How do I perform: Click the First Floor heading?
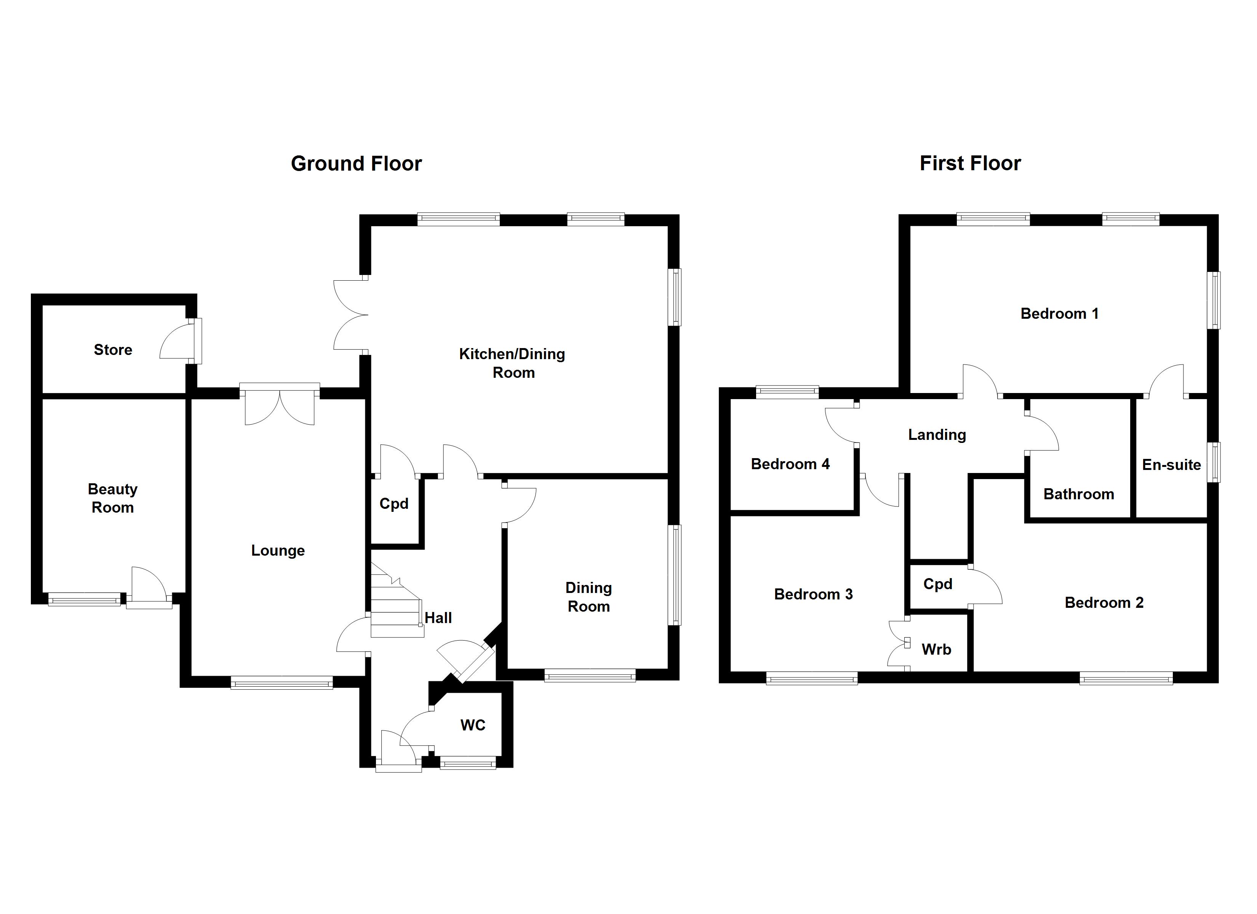(970, 163)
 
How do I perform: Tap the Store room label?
(113, 350)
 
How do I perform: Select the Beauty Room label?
(112, 498)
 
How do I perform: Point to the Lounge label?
(278, 550)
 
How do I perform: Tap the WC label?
(472, 725)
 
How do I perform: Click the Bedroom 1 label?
(1059, 314)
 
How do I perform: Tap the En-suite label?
(1171, 465)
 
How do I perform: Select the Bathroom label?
(1078, 494)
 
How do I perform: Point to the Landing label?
(937, 435)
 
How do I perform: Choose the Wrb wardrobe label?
(936, 649)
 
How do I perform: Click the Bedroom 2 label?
(1104, 602)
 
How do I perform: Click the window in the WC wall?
(468, 764)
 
